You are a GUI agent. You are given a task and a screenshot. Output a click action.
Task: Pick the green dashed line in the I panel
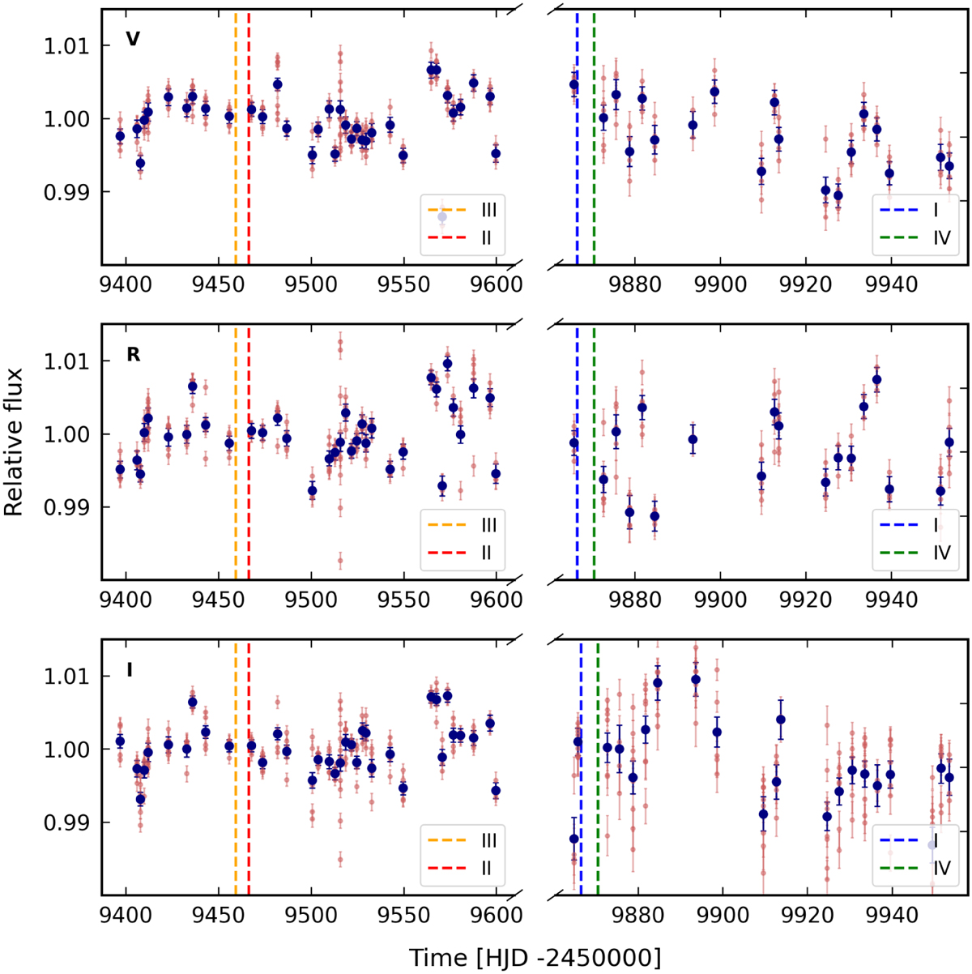click(598, 770)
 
